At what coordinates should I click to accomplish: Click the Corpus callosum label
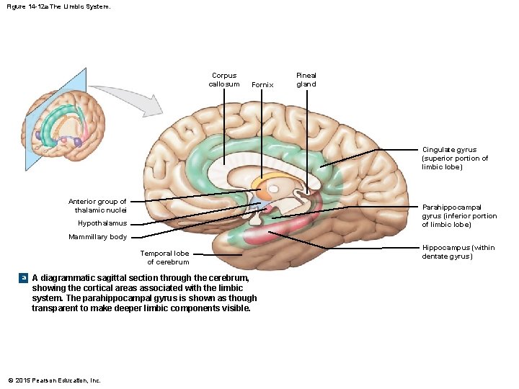(223, 80)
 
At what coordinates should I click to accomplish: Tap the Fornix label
(262, 85)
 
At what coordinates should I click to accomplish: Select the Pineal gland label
(306, 80)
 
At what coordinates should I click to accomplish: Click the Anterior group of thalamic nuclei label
(97, 205)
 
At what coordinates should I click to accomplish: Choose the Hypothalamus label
(102, 223)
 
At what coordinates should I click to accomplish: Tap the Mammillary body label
(97, 237)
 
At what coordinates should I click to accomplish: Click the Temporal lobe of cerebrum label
(164, 257)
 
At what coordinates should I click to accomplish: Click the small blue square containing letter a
(24, 278)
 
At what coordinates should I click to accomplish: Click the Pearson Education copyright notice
(54, 380)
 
